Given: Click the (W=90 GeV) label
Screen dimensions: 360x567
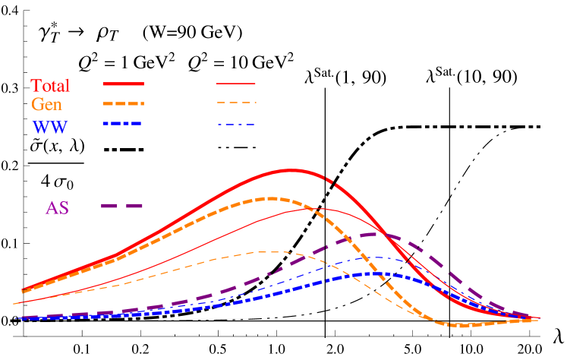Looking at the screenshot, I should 196,34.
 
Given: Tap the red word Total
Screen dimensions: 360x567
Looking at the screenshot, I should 50,84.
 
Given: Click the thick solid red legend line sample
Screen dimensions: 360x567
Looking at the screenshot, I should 122,84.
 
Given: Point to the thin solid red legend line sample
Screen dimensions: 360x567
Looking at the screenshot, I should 236,84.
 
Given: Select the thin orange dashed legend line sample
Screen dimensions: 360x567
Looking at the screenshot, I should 236,103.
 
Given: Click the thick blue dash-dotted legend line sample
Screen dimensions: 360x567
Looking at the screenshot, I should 122,123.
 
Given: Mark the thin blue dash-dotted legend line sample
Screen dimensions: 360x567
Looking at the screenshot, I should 236,124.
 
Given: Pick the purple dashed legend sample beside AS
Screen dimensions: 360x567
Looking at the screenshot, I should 122,206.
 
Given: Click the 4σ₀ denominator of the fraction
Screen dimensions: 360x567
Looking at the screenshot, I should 55,179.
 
